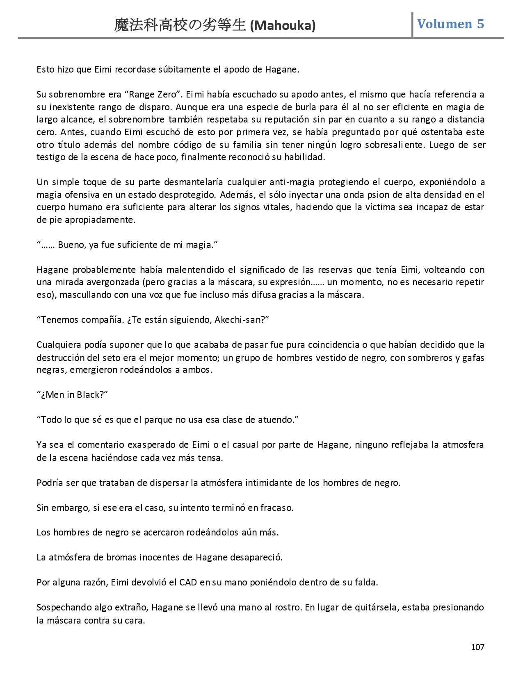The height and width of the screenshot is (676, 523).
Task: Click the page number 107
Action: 477,647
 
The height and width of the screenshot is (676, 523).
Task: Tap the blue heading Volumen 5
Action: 450,24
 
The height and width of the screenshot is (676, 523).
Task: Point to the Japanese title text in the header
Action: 181,26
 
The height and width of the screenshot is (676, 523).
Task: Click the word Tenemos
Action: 59,320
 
